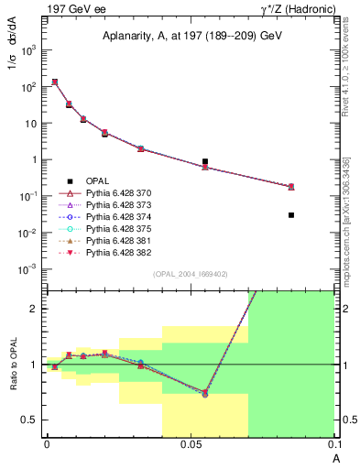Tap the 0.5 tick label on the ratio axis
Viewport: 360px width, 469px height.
click(30, 420)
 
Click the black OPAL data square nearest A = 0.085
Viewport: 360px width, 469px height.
click(291, 215)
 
